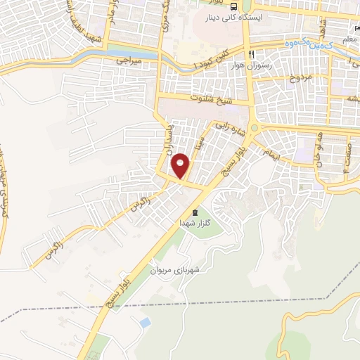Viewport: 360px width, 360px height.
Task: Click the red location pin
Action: pyautogui.click(x=181, y=166)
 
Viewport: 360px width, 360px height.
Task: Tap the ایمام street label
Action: pyautogui.click(x=269, y=153)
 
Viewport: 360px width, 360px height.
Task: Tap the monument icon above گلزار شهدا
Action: pyautogui.click(x=195, y=212)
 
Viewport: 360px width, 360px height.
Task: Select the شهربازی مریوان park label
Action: pyautogui.click(x=175, y=269)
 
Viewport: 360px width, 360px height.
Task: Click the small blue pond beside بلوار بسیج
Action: pyautogui.click(x=145, y=322)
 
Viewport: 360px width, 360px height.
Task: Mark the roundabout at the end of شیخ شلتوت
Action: pyautogui.click(x=254, y=127)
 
